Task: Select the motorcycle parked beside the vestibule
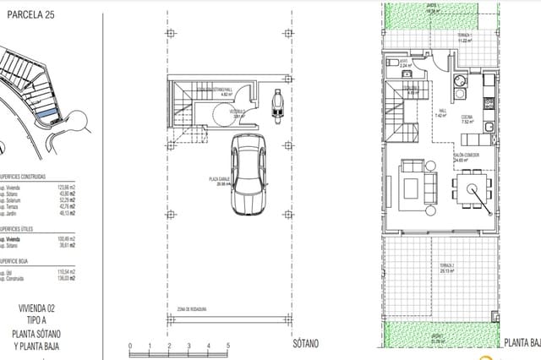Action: coord(276,105)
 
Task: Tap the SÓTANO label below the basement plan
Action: coord(305,345)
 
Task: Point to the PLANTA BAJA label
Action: coord(522,344)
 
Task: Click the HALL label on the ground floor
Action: coord(441,112)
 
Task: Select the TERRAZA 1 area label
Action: coord(488,35)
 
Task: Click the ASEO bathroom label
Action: coord(404,61)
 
